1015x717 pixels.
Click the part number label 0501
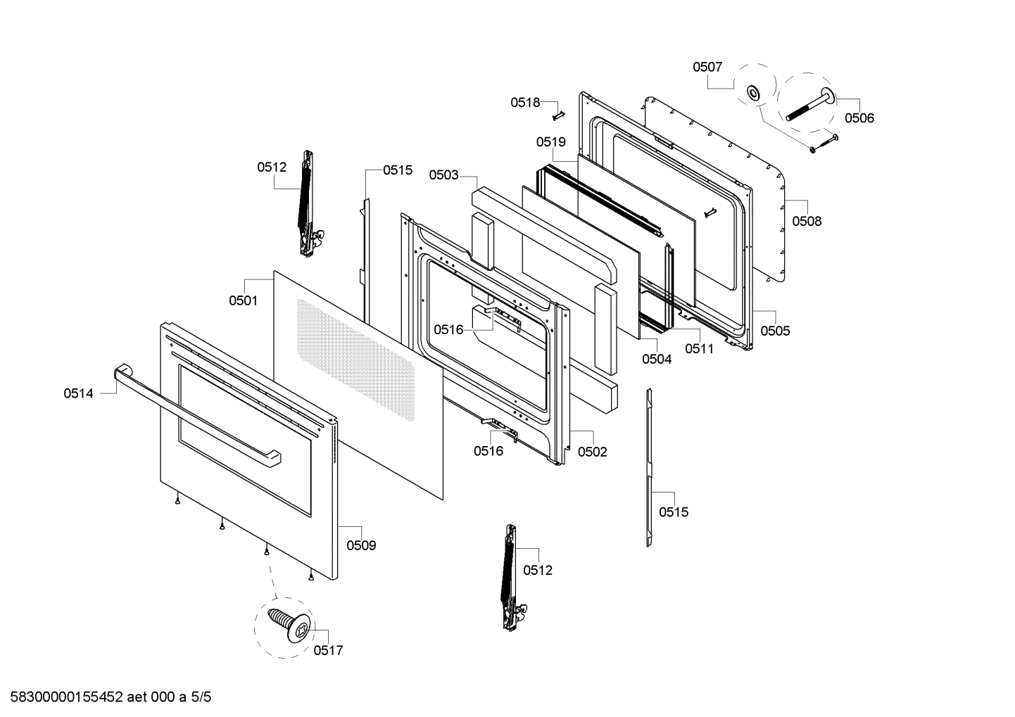coord(243,300)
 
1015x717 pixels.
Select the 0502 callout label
coord(592,452)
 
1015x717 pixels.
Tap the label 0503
coord(443,175)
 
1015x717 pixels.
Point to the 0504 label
coord(656,359)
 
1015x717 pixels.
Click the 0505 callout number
coord(775,331)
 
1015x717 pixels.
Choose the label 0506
coord(859,118)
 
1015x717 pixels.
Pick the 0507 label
coord(707,67)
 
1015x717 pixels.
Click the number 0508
coord(807,221)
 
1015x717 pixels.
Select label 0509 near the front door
coord(361,545)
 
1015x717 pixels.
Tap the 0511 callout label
coord(699,348)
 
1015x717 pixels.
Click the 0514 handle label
coord(78,394)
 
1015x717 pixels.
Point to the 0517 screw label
coord(328,650)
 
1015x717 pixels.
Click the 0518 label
coord(525,103)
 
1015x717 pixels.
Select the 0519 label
coord(550,142)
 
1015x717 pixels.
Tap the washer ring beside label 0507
coord(754,92)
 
